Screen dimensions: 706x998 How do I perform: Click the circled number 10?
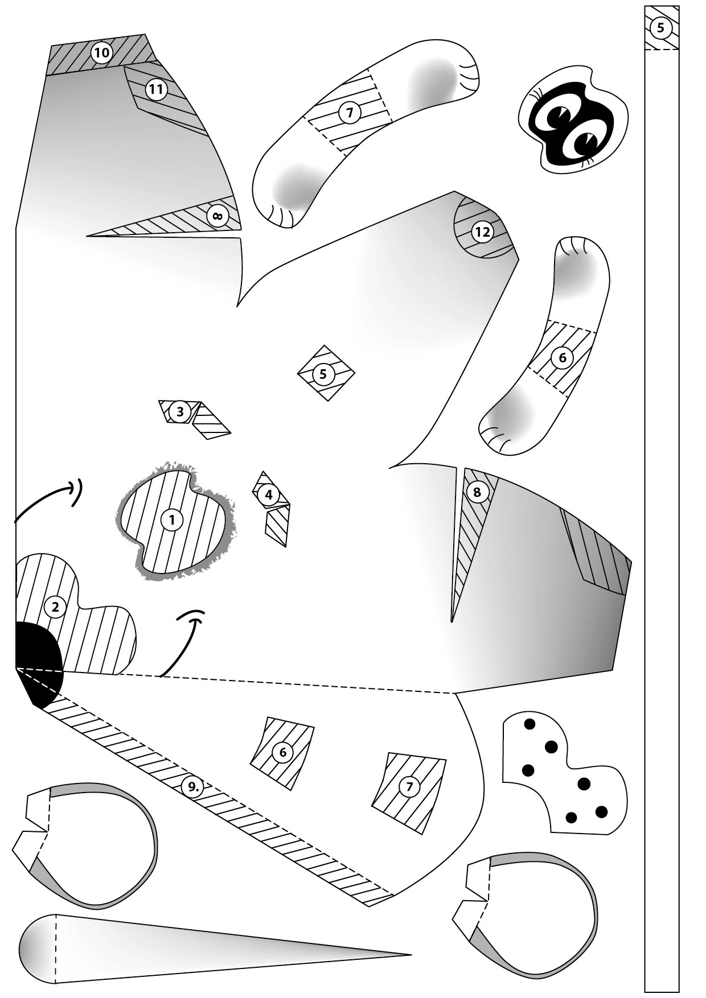[101, 53]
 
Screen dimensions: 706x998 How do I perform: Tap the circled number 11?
[155, 89]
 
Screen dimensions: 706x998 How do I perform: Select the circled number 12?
[482, 232]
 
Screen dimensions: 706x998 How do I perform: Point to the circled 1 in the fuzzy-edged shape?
[171, 519]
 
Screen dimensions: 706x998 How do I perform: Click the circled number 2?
[55, 607]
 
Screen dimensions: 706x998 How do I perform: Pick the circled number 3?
[180, 411]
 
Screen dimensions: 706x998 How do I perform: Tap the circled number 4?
[269, 494]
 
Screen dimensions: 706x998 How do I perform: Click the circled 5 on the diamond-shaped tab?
[323, 374]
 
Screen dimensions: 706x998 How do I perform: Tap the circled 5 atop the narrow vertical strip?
[660, 27]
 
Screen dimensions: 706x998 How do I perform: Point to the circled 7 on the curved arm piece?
[350, 112]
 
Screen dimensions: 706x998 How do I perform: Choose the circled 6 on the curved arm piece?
[563, 357]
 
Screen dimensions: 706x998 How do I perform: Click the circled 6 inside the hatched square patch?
[283, 752]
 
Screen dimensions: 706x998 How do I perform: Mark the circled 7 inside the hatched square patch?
[409, 787]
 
